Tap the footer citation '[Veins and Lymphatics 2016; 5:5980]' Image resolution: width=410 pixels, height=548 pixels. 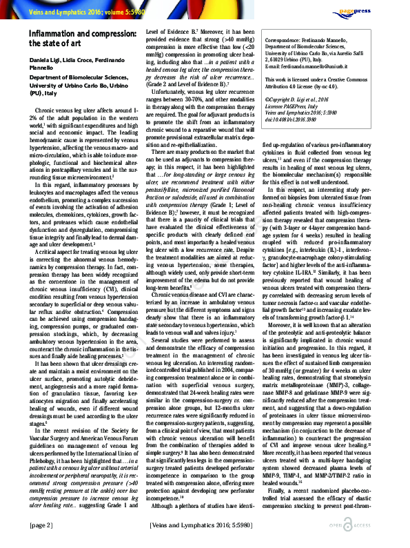pos(205,525)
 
